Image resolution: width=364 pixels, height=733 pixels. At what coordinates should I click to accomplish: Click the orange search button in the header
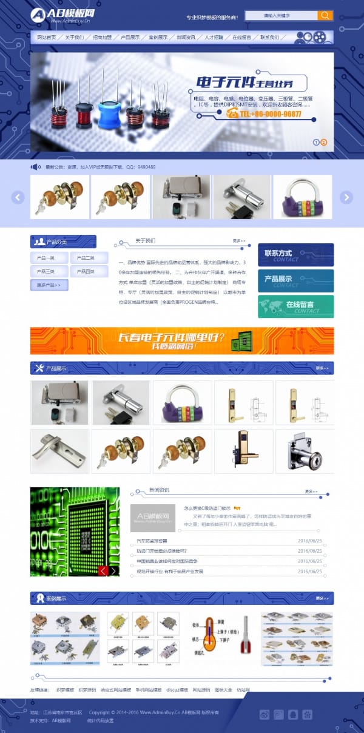[325, 15]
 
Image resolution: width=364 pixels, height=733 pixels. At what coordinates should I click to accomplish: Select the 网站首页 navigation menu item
[47, 38]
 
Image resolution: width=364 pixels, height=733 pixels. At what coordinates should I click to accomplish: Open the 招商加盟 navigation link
[103, 38]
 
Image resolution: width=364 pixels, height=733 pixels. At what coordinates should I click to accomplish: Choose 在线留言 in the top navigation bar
[241, 38]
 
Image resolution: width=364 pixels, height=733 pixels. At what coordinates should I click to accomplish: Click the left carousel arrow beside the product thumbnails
[18, 197]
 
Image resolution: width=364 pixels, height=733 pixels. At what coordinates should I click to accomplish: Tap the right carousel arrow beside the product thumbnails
[346, 197]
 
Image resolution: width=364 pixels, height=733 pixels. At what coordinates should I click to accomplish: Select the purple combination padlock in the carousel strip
[302, 197]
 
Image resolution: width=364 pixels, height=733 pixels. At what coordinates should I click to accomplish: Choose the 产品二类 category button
[86, 258]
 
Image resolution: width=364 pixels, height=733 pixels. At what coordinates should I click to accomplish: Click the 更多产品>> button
[49, 285]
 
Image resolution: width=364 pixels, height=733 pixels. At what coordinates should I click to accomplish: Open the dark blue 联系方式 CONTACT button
[295, 255]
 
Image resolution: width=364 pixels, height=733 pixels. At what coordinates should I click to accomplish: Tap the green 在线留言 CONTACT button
[295, 306]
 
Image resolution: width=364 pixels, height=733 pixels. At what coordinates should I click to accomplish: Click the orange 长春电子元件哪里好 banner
[182, 340]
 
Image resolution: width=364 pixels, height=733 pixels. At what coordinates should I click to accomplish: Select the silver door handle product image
[59, 451]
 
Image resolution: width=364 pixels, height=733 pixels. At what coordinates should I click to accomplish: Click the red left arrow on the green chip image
[103, 570]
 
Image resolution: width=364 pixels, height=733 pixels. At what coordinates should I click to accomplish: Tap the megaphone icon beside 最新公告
[36, 167]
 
